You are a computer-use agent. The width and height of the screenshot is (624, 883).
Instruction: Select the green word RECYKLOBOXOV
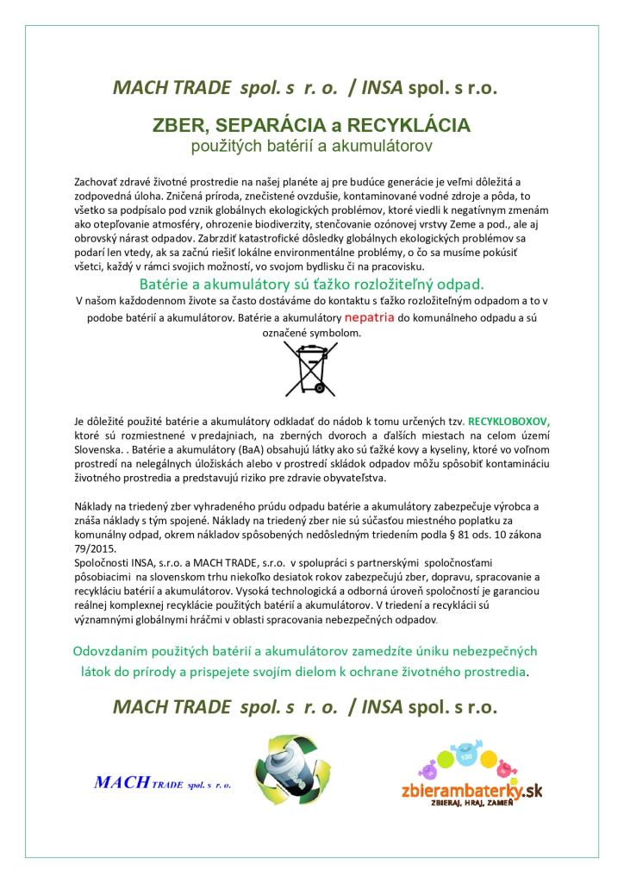pos(508,423)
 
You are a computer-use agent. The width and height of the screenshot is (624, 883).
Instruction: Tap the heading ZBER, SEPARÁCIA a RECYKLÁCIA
pos(311,125)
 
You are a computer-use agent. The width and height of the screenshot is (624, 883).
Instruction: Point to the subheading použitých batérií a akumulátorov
pos(311,147)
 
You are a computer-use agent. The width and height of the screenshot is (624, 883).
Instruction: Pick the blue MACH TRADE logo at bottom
pos(162,784)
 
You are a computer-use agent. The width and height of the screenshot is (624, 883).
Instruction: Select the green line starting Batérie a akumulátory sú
pos(311,284)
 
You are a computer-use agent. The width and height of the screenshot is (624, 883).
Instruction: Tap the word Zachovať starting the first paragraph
pos(98,183)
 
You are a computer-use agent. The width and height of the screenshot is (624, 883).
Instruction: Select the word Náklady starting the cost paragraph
pos(96,506)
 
